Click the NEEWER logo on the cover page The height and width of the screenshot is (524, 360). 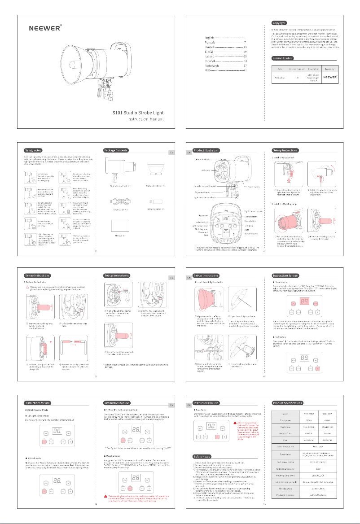tap(45, 26)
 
